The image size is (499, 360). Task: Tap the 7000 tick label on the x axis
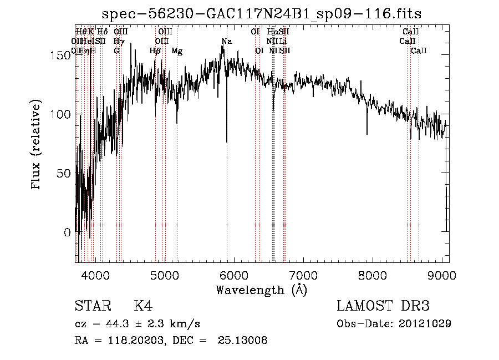point(303,274)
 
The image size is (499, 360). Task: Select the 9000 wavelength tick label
point(442,274)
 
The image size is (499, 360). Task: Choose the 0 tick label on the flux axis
point(68,232)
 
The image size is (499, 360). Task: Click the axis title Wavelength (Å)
point(261,290)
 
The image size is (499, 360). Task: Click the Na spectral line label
point(226,42)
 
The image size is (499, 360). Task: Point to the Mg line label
point(177,51)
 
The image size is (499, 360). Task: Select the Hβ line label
point(155,51)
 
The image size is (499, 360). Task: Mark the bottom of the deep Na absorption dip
point(227,141)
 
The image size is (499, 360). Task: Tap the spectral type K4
point(143,306)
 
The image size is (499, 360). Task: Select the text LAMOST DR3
point(383,306)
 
